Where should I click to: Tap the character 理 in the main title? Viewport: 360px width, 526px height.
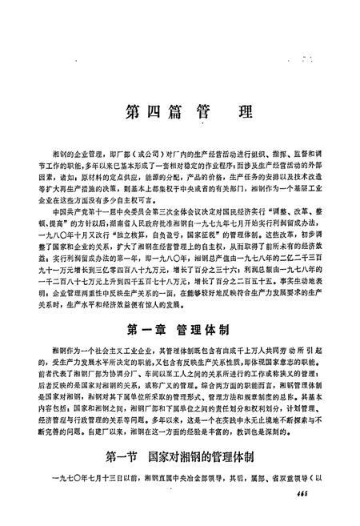point(239,110)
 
